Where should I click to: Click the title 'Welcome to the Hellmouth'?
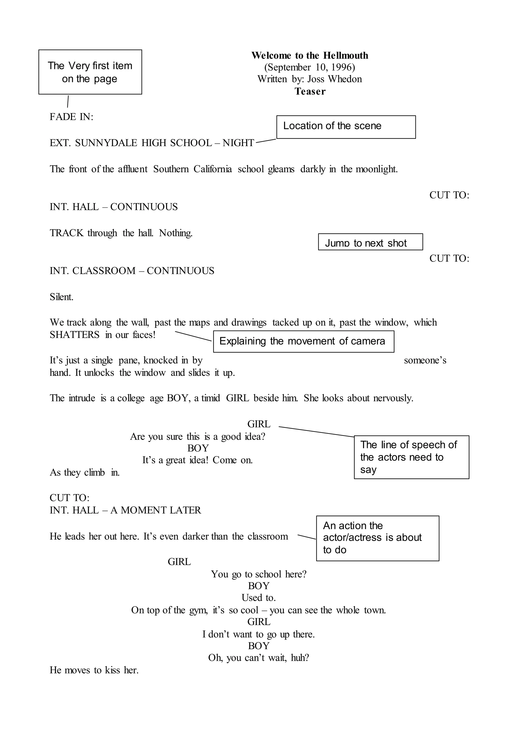click(309, 56)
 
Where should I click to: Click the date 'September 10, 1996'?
click(309, 67)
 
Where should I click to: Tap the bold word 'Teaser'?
click(310, 91)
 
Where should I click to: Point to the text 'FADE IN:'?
click(71, 117)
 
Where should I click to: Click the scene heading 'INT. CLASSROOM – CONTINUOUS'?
click(132, 271)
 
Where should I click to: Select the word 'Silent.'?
click(62, 297)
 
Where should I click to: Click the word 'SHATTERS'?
click(74, 335)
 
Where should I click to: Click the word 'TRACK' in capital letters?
click(66, 233)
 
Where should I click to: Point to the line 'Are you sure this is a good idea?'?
click(197, 436)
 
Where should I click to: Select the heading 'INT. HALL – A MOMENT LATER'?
click(125, 510)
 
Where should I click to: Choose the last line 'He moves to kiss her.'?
click(94, 670)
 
